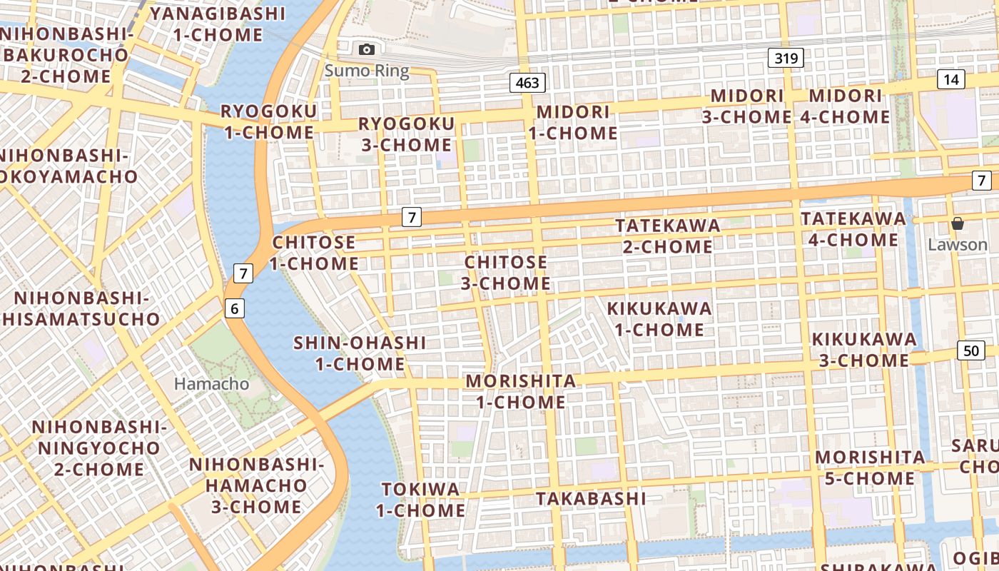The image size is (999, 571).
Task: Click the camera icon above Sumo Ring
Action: pyautogui.click(x=367, y=49)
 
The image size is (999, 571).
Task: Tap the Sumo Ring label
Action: pyautogui.click(x=367, y=71)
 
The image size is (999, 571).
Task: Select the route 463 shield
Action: pyautogui.click(x=527, y=83)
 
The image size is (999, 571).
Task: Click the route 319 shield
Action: pyautogui.click(x=786, y=58)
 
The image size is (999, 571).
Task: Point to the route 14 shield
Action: pyautogui.click(x=951, y=79)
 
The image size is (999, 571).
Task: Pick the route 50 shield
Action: pyautogui.click(x=970, y=350)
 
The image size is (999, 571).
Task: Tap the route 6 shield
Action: pyautogui.click(x=234, y=308)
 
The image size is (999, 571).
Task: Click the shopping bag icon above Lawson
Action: pyautogui.click(x=957, y=224)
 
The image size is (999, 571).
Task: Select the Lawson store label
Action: pyautogui.click(x=957, y=245)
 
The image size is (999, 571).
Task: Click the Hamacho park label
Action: pyautogui.click(x=212, y=384)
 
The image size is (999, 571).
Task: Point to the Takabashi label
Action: pyautogui.click(x=591, y=498)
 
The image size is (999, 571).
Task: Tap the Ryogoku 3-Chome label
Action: pyautogui.click(x=405, y=134)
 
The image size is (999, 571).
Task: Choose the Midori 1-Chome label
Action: pyautogui.click(x=573, y=123)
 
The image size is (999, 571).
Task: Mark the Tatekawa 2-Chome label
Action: pyautogui.click(x=667, y=236)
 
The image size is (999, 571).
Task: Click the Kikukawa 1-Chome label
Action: pyautogui.click(x=659, y=319)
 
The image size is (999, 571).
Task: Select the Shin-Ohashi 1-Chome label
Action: pyautogui.click(x=360, y=353)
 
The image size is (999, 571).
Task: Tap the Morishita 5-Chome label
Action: pyautogui.click(x=870, y=468)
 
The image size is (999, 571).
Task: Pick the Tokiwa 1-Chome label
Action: pyautogui.click(x=420, y=500)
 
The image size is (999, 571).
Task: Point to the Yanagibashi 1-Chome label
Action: pyautogui.click(x=218, y=24)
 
